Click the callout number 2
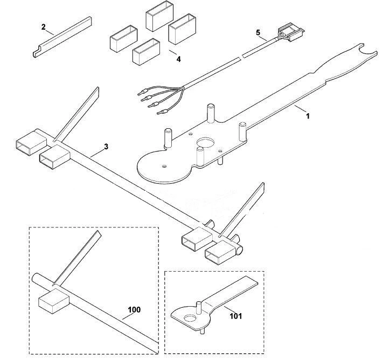[x=44, y=27]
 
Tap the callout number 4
[x=178, y=59]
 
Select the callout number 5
[x=258, y=32]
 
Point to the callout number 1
[x=308, y=116]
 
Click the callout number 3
[x=106, y=147]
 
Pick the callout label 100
[x=134, y=310]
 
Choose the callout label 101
[x=236, y=316]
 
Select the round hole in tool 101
[x=190, y=318]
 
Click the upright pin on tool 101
[x=199, y=308]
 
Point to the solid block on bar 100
[x=54, y=301]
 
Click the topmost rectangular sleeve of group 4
[x=160, y=17]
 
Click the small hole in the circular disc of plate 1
[x=164, y=166]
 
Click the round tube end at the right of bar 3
[x=240, y=250]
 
